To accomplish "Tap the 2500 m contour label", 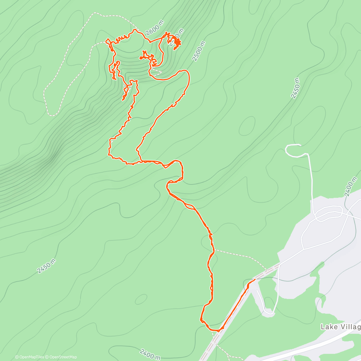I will click(x=199, y=51).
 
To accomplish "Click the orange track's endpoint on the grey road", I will click(x=255, y=279).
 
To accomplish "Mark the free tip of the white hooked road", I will click(x=301, y=145).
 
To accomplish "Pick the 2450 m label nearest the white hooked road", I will click(x=295, y=88).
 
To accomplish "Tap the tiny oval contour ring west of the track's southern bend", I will click(x=141, y=299).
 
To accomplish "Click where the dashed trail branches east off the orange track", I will click(x=214, y=250).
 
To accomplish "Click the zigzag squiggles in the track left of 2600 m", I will click(x=121, y=38).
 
